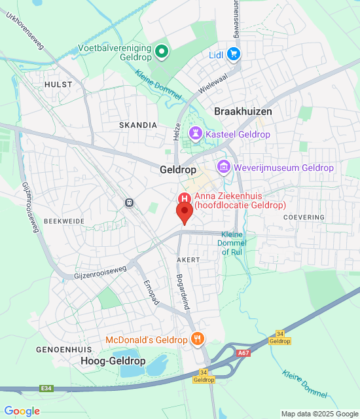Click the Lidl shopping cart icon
(233, 54)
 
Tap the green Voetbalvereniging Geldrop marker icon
(161, 50)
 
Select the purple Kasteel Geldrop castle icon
(195, 134)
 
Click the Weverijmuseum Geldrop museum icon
(224, 168)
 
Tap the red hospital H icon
(185, 198)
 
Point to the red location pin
(184, 213)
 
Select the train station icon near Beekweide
(130, 203)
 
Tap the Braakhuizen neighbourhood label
(243, 112)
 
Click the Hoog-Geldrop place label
(113, 361)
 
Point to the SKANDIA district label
(138, 124)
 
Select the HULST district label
(58, 85)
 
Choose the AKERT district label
(188, 260)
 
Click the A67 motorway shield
(243, 353)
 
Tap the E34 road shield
(46, 388)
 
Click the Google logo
(22, 410)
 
